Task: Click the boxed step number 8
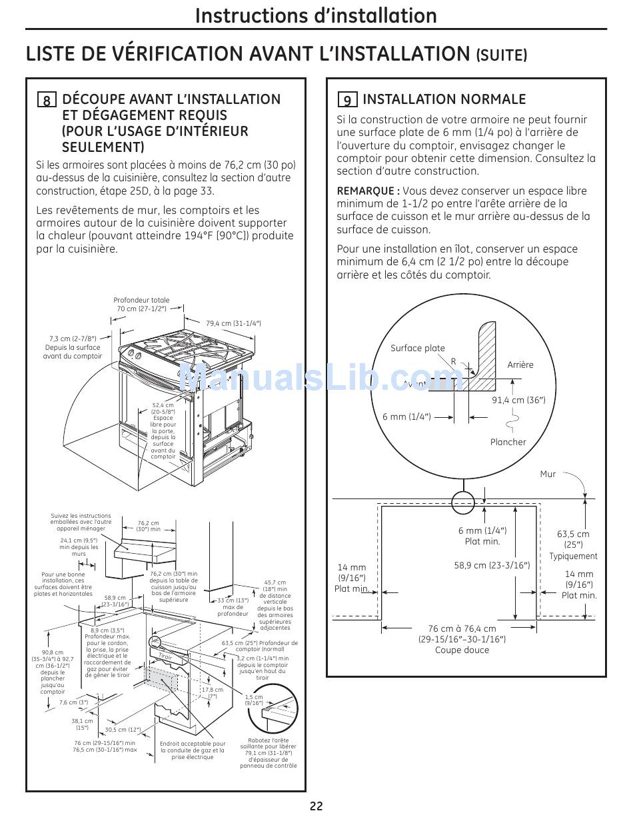click(x=47, y=101)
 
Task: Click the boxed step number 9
click(x=347, y=101)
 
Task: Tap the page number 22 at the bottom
click(x=316, y=806)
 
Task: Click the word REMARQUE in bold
click(x=367, y=191)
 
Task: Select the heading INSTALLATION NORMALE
click(x=444, y=100)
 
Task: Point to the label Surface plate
click(x=417, y=348)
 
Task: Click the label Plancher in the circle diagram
click(x=508, y=442)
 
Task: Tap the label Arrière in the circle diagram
click(x=520, y=365)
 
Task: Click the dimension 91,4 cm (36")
click(x=518, y=400)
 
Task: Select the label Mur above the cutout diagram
click(x=548, y=474)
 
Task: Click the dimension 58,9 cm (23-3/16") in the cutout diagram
click(x=492, y=566)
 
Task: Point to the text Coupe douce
click(x=462, y=650)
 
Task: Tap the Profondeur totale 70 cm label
click(x=141, y=305)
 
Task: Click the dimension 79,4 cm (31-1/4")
click(x=233, y=323)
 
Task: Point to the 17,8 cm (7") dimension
click(x=213, y=693)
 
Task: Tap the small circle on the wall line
click(x=462, y=502)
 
